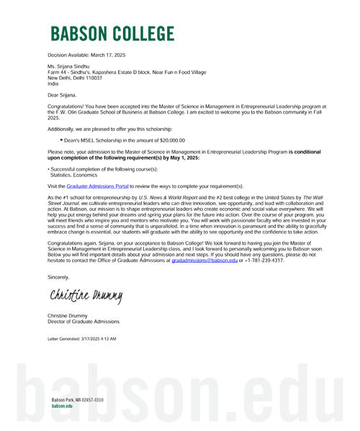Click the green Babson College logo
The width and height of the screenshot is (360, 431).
112,34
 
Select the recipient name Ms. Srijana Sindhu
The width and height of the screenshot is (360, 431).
68,66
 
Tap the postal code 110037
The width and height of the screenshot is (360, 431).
94,78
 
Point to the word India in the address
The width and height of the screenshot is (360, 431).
53,83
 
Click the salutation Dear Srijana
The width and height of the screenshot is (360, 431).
62,95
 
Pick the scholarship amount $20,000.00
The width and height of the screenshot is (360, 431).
172,140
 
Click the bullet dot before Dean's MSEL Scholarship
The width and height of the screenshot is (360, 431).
61,140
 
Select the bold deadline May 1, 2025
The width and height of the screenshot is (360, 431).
185,158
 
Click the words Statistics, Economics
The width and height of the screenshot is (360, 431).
73,175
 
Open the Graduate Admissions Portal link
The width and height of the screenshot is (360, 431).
98,186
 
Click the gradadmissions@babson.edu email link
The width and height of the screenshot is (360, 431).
204,260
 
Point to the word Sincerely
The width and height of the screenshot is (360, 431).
58,277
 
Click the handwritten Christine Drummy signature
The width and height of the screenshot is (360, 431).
86,296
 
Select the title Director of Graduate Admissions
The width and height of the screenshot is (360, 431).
84,322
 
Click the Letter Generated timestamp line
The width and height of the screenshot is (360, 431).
82,339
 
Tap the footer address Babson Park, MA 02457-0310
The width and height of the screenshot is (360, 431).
78,400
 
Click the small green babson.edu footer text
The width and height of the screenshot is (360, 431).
62,406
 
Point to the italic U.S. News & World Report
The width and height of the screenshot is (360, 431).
168,197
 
